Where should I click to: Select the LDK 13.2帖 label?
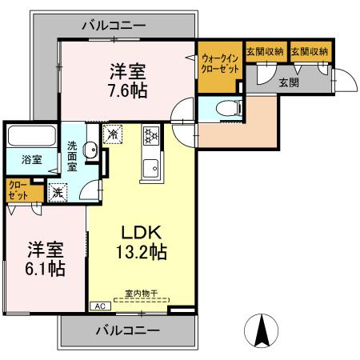138,242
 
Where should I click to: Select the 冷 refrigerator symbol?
113,135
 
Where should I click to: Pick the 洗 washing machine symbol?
58,191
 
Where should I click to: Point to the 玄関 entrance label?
290,81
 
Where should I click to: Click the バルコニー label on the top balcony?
114,26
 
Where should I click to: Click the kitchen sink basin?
150,169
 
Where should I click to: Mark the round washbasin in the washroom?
91,147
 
